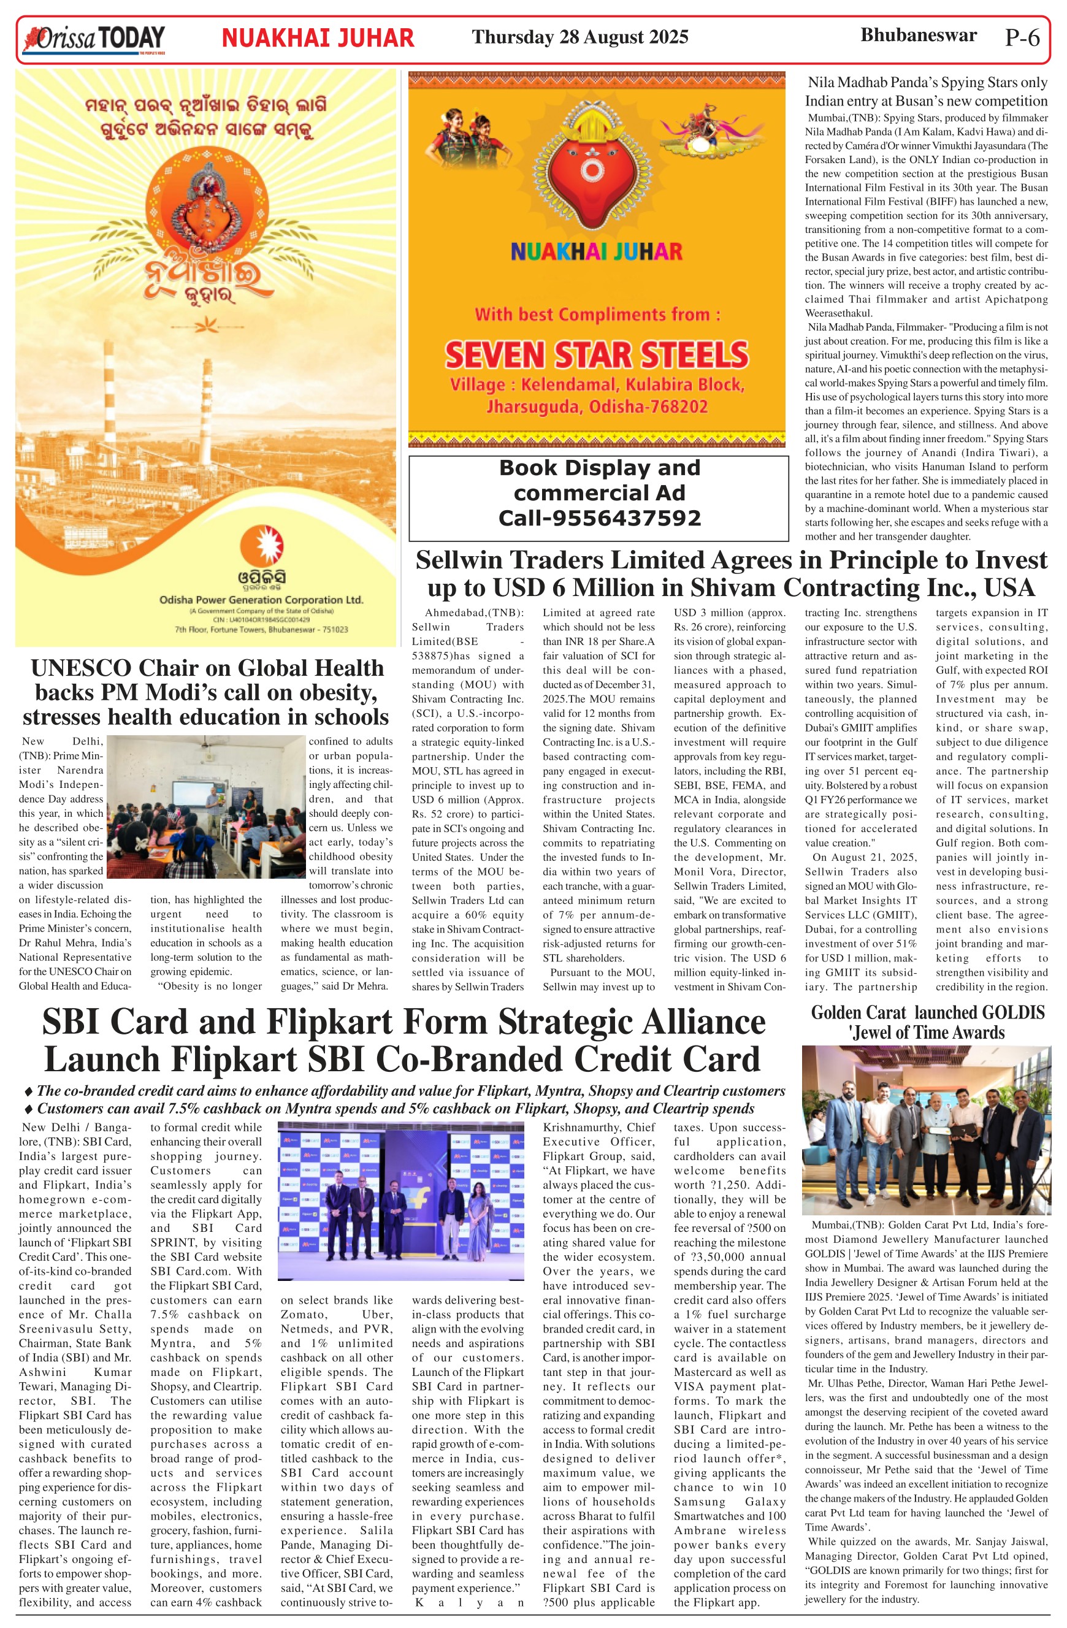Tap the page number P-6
[x=1022, y=37]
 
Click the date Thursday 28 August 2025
[x=579, y=37]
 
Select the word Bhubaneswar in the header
[x=918, y=35]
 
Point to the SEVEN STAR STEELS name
[x=597, y=354]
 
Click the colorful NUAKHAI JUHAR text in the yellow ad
[x=597, y=252]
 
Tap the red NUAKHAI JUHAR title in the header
[x=318, y=37]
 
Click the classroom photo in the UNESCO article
[x=207, y=806]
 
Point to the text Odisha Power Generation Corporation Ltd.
[x=261, y=600]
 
